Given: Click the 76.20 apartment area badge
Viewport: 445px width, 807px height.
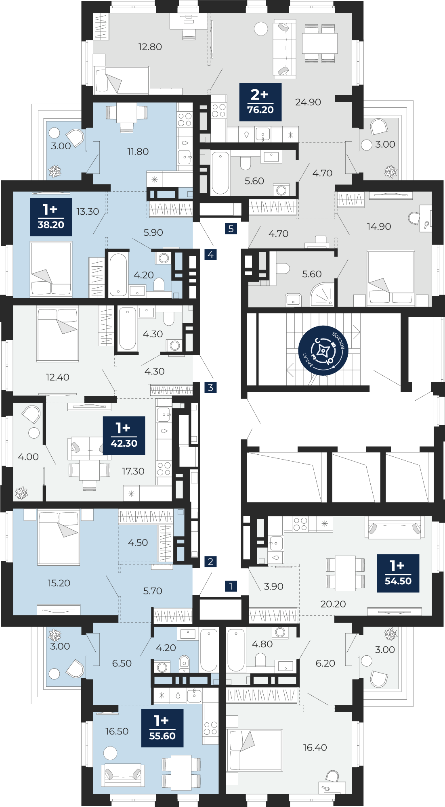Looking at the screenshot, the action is [260, 102].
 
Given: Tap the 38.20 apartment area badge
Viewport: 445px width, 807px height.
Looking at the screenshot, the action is [51, 217].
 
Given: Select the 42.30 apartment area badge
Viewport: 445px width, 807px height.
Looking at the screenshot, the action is [124, 435].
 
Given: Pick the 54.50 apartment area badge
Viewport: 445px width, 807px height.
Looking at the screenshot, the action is [398, 573].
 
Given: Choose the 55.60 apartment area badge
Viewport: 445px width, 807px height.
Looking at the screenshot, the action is [162, 728].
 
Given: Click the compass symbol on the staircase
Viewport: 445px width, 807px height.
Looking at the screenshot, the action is [323, 351].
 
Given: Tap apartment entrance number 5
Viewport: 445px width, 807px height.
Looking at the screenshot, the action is [231, 229].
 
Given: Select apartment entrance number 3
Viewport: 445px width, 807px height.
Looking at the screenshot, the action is [210, 387].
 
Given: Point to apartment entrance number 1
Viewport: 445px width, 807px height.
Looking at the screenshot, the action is [231, 586].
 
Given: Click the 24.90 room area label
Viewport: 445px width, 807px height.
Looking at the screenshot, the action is [308, 102].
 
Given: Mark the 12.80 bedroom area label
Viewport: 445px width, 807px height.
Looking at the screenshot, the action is [150, 47].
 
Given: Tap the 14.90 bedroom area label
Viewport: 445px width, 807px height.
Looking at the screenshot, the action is [379, 226].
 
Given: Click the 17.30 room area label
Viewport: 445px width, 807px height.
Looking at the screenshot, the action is [133, 471].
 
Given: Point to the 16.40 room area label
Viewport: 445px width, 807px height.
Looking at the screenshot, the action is [315, 747].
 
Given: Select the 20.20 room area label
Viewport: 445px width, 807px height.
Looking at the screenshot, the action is [333, 604].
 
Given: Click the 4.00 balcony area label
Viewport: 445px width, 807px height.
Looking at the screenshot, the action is [28, 457].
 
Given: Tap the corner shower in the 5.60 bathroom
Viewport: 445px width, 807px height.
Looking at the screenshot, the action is [322, 294].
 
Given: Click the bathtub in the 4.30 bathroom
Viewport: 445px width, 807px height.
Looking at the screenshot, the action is [127, 329].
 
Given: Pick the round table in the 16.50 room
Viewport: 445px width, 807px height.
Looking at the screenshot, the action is [110, 753].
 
